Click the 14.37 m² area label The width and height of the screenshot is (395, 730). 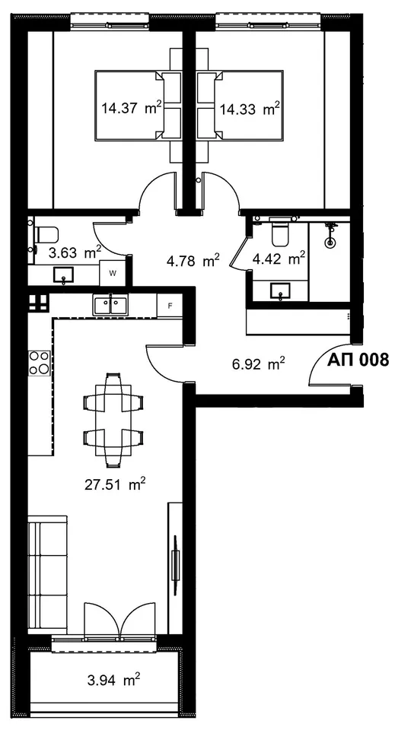(x=132, y=109)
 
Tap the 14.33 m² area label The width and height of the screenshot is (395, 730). (x=250, y=109)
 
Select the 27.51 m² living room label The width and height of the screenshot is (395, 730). (x=115, y=484)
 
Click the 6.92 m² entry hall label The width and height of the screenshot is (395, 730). (x=259, y=363)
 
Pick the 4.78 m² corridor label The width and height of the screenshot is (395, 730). (x=193, y=261)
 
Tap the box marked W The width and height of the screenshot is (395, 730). (x=112, y=273)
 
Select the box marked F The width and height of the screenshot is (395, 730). (x=170, y=306)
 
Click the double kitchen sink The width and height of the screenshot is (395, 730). (x=111, y=306)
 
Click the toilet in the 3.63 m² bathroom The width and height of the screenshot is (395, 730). (x=46, y=235)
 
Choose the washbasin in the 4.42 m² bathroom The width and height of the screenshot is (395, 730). (x=280, y=291)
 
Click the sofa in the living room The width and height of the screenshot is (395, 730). (x=47, y=574)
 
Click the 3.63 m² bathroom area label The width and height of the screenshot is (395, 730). (x=75, y=252)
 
